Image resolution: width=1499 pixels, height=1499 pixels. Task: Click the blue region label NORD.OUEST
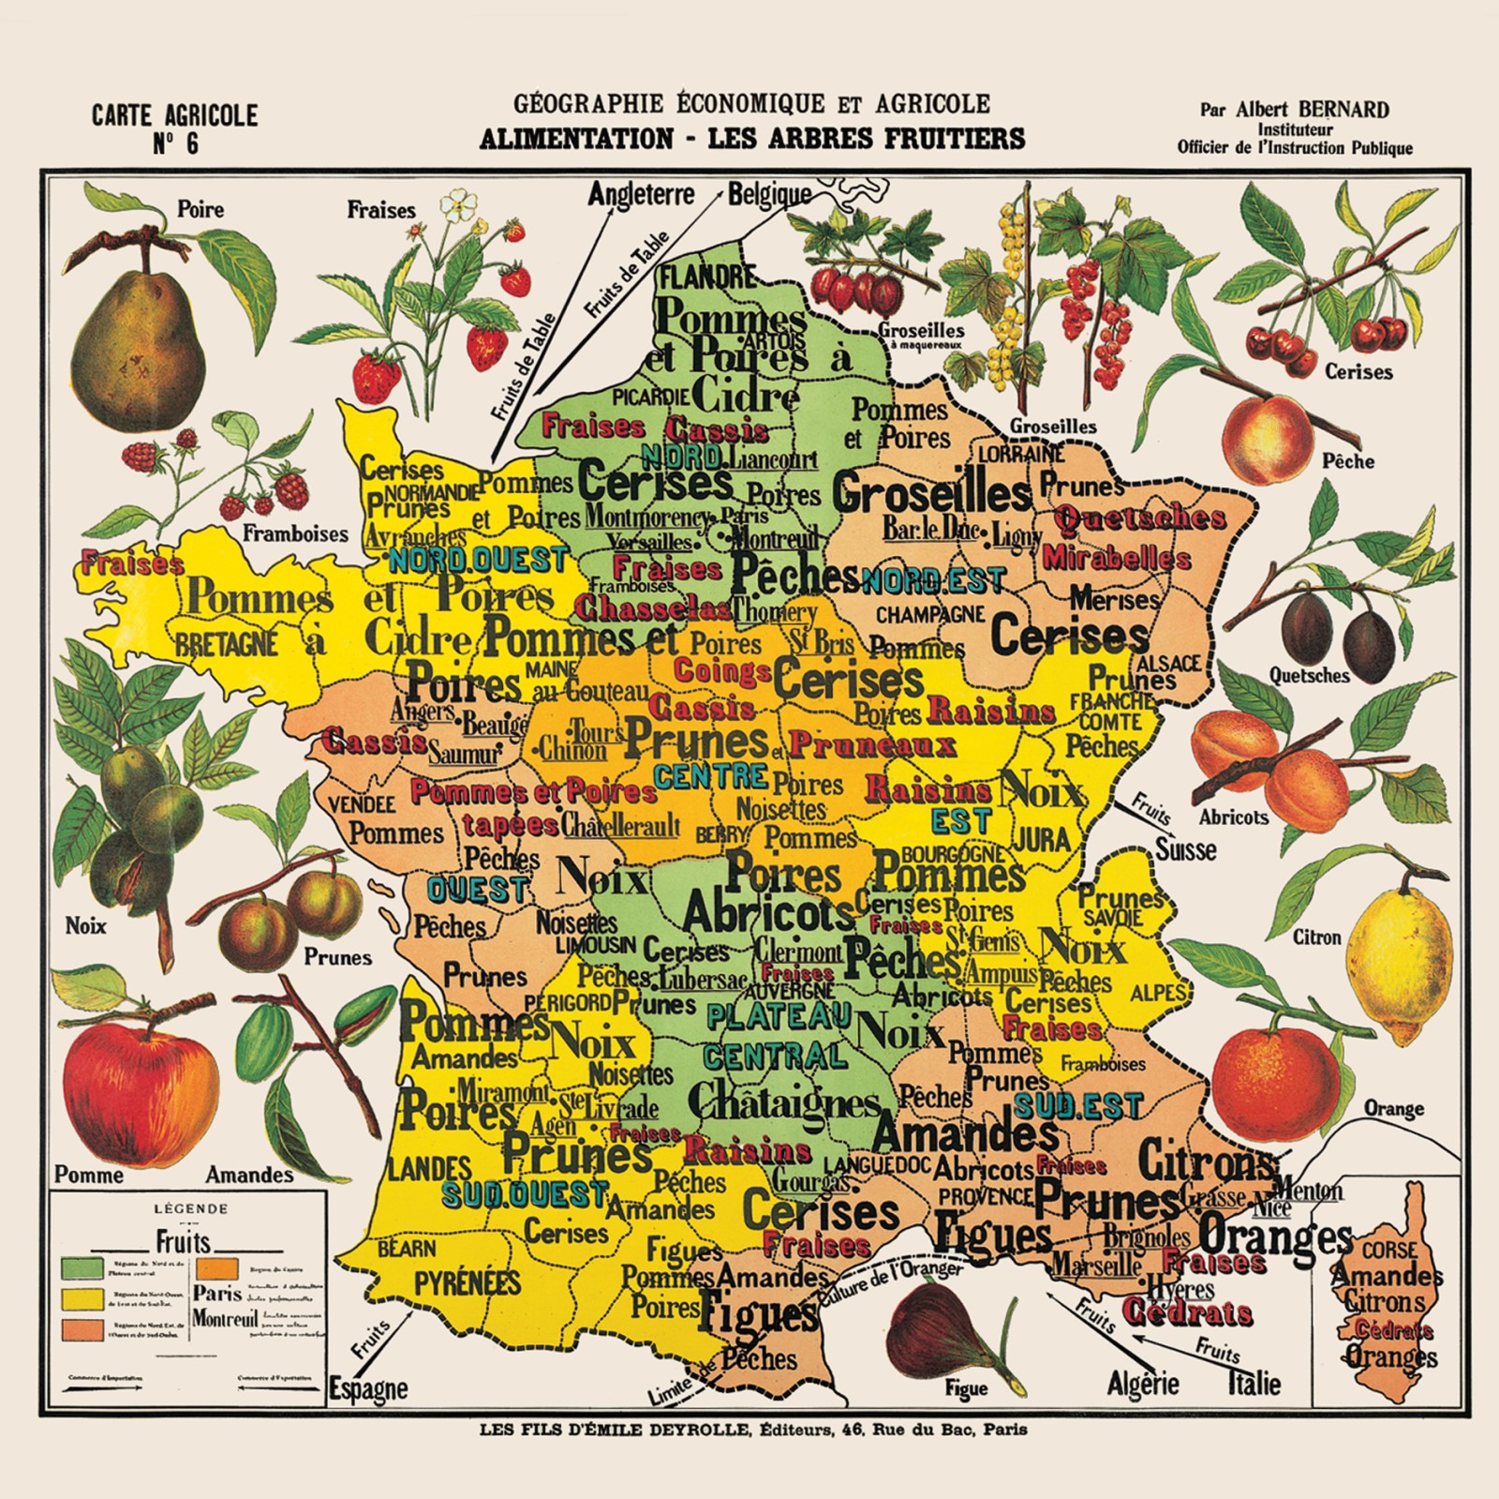[477, 561]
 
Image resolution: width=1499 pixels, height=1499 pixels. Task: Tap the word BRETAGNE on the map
[228, 644]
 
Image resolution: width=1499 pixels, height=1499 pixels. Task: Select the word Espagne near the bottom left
[368, 1388]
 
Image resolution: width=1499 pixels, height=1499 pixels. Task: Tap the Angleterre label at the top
[642, 195]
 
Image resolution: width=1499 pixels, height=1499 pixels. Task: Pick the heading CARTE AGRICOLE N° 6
[174, 128]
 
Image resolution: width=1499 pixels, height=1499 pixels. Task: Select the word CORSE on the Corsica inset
[1389, 1251]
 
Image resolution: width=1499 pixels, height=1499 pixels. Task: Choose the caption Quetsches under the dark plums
[1309, 675]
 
